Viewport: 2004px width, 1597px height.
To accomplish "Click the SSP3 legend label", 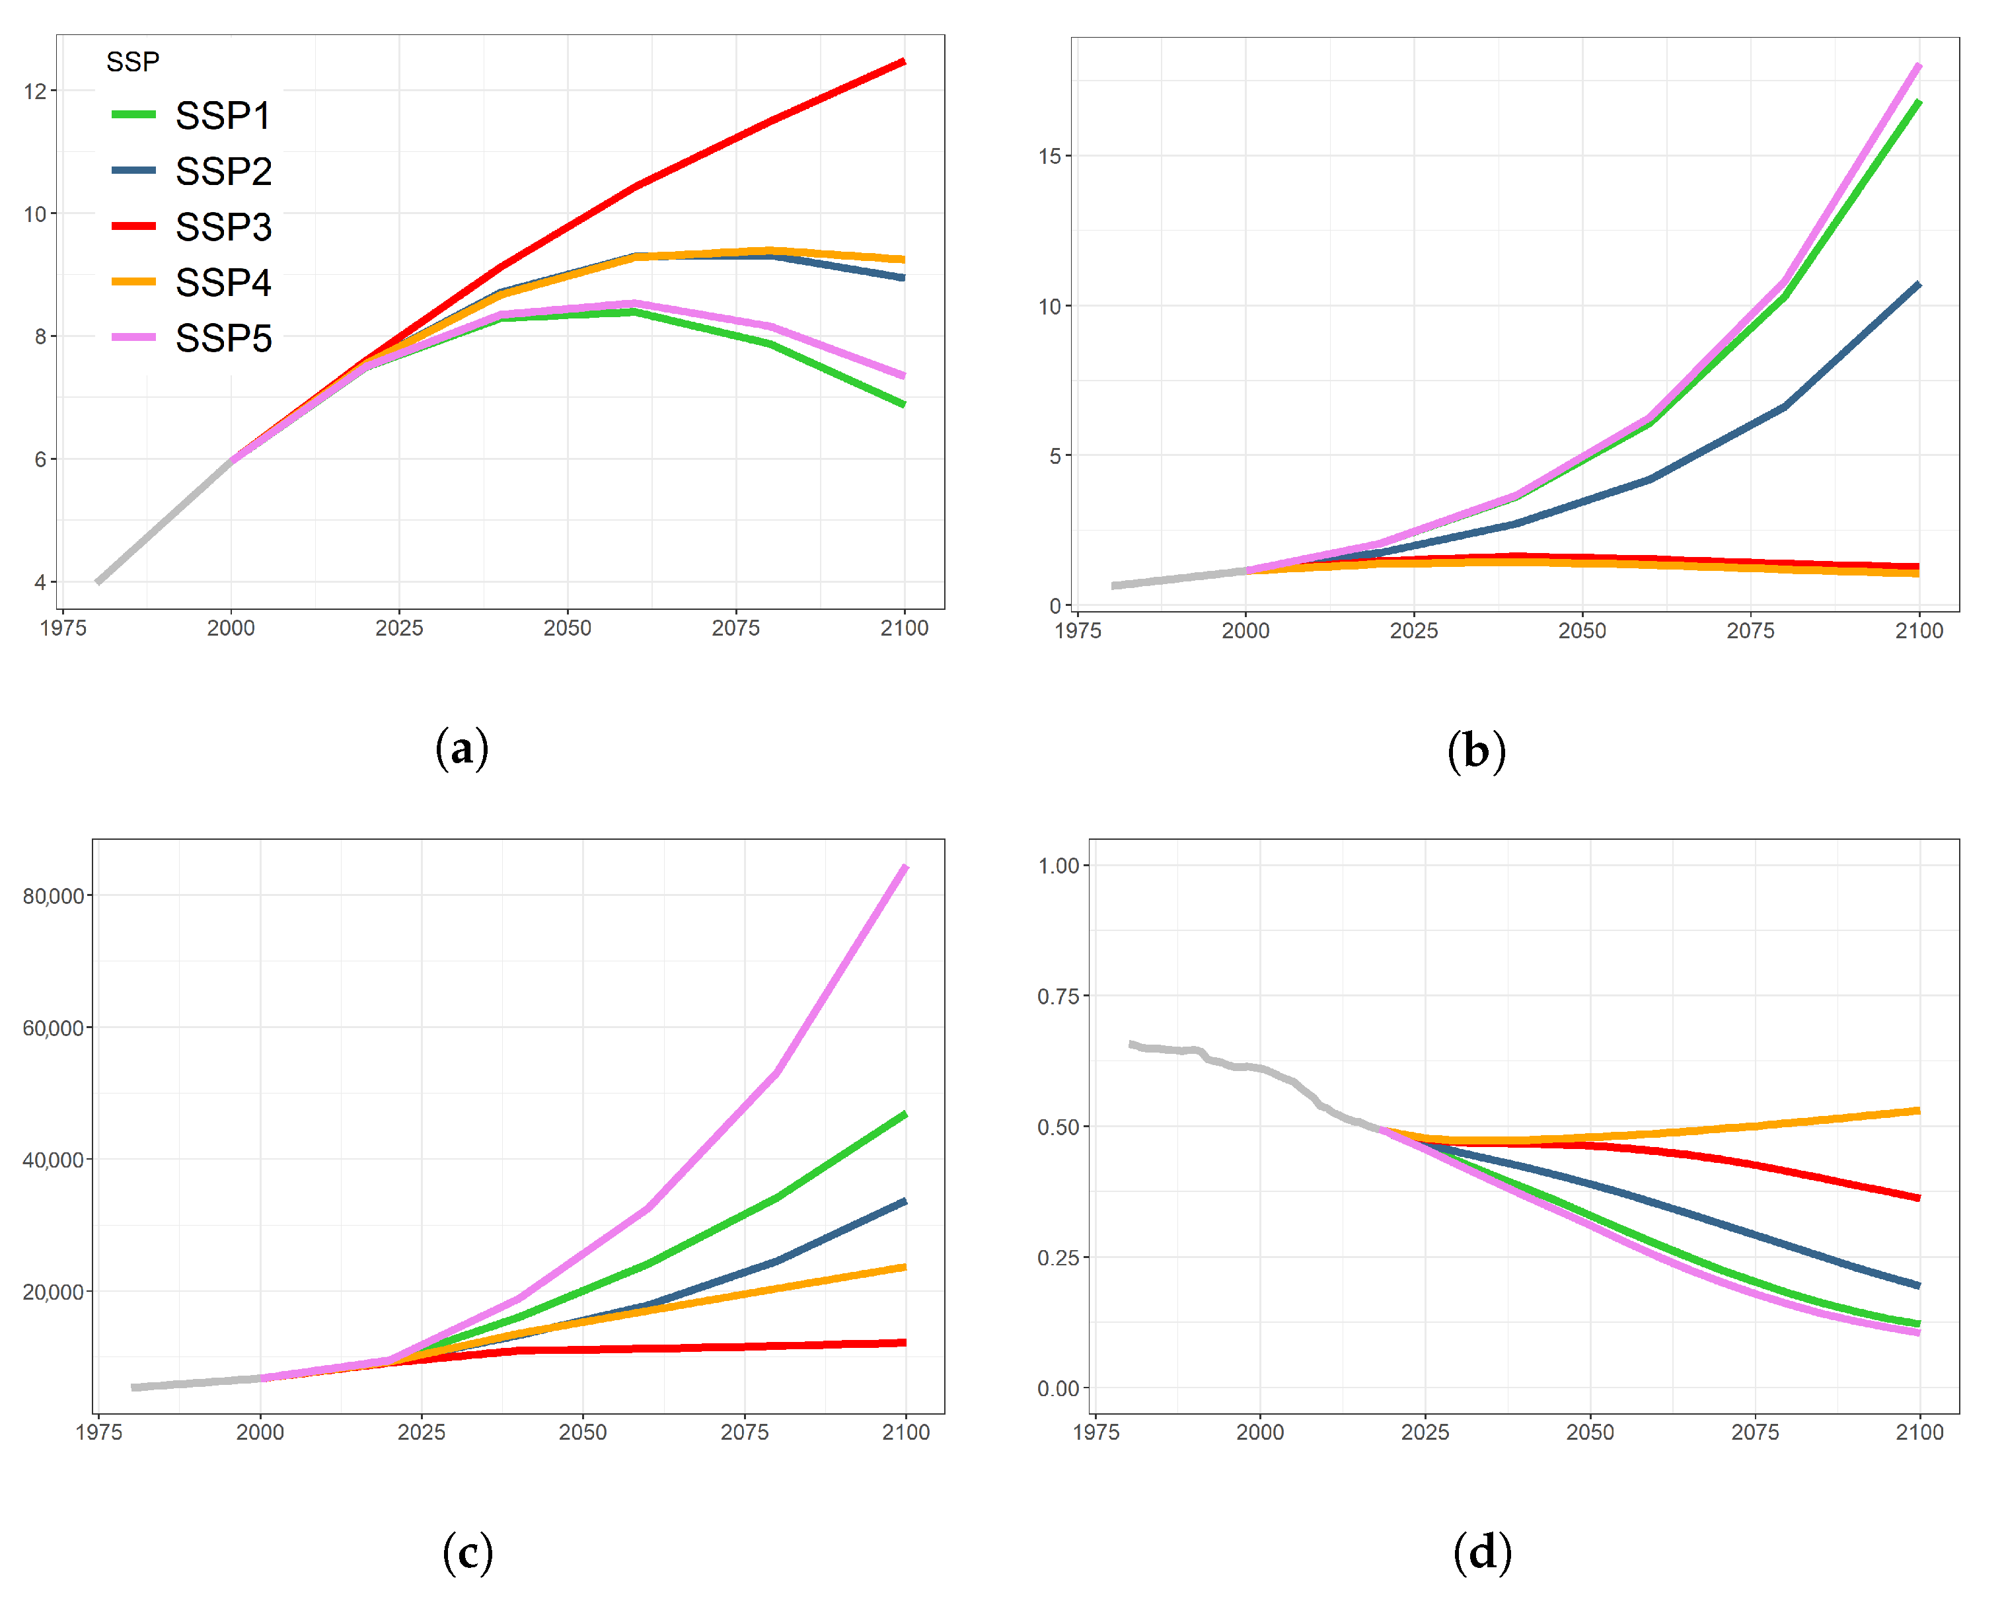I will tap(223, 227).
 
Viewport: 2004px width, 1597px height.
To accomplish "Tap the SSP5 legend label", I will tap(223, 338).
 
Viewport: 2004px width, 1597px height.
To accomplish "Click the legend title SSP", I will tap(132, 61).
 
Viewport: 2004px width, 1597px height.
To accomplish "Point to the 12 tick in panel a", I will tap(34, 91).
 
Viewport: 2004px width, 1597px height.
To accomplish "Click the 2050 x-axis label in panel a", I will tap(567, 628).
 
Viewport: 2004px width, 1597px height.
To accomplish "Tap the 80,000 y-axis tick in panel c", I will tap(52, 896).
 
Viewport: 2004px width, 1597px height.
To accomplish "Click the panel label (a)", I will tap(462, 749).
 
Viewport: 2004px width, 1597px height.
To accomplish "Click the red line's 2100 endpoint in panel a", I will tap(903, 62).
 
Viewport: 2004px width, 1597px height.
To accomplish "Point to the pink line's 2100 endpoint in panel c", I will tap(905, 868).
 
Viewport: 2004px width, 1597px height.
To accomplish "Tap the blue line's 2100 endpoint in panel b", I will tap(1919, 285).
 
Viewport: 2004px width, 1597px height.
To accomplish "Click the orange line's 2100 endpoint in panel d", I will tap(1919, 1111).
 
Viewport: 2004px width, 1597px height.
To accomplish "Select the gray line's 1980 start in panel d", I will tap(1132, 1044).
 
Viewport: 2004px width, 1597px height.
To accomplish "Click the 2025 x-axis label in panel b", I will tap(1413, 631).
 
